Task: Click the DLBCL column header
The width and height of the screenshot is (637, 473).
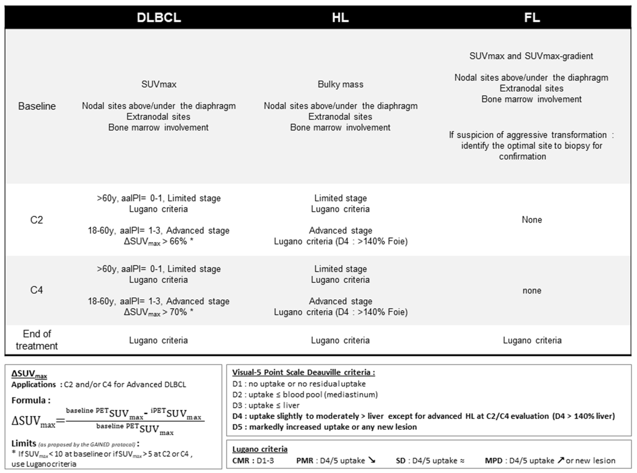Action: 159,18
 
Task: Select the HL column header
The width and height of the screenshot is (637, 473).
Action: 340,18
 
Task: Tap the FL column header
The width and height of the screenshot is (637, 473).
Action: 532,18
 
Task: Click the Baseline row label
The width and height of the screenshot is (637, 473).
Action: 37,106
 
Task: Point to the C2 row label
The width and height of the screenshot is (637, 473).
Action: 37,220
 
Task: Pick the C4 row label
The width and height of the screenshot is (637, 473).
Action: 37,290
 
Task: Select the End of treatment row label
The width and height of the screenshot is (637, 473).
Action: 37,340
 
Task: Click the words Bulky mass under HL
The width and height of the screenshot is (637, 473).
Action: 340,85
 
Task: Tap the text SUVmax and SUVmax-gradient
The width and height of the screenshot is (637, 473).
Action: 531,56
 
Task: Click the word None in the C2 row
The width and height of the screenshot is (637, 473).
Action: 532,220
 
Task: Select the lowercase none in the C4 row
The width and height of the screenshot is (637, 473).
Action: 532,291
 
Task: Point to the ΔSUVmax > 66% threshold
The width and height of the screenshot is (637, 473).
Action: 158,242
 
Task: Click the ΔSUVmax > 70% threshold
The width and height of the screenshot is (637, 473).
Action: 158,312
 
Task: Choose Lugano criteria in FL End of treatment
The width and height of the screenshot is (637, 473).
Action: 532,340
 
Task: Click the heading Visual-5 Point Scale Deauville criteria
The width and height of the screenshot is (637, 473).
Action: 303,372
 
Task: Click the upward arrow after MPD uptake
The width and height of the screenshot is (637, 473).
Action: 560,460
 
